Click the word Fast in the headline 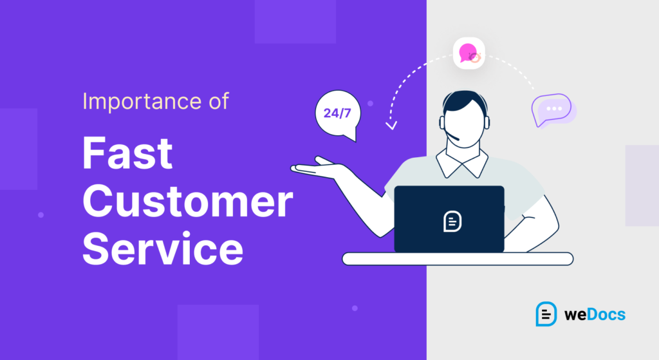click(127, 155)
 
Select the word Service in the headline click(163, 249)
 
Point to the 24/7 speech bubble click(337, 114)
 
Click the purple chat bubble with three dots click(552, 110)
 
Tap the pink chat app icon click(469, 53)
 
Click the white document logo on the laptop click(453, 220)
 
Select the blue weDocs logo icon click(546, 314)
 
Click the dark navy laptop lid click(449, 219)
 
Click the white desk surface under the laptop click(457, 258)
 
